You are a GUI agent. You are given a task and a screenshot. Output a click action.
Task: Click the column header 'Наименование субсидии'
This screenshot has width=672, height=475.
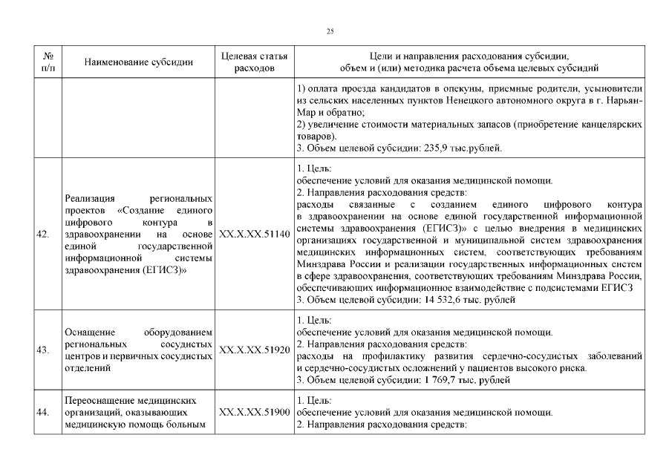tap(139, 62)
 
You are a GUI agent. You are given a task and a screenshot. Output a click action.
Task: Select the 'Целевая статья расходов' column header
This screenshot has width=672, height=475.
tap(255, 62)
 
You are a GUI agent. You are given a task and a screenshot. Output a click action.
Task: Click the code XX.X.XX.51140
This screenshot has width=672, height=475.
tap(255, 235)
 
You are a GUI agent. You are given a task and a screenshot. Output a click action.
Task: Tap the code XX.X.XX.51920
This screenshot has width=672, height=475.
tap(255, 350)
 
